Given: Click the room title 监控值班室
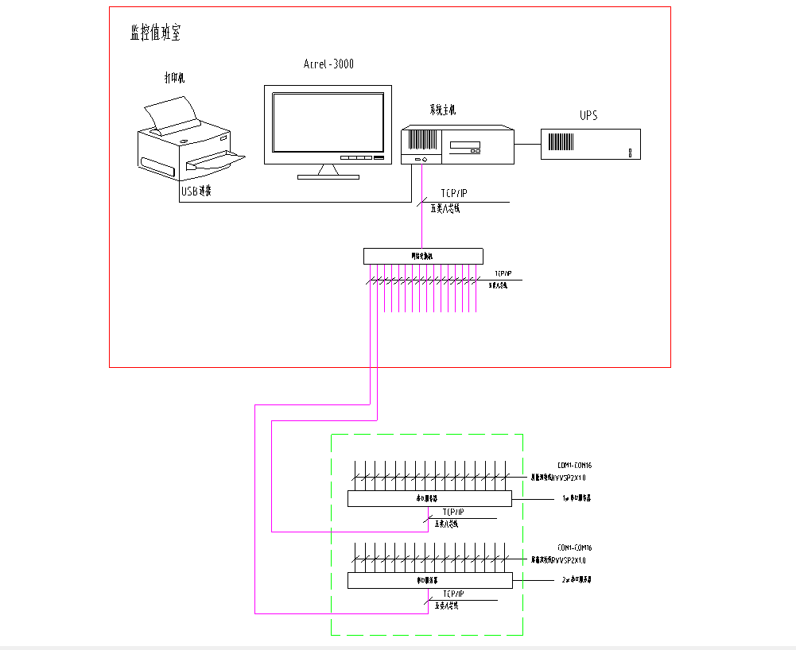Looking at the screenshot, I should pos(156,33).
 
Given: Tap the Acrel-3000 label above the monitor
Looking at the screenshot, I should pos(328,64).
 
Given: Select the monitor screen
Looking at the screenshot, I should pos(327,123).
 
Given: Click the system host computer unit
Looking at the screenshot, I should pos(456,145).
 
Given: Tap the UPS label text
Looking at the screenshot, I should pos(588,116).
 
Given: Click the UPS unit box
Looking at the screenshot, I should pos(591,144).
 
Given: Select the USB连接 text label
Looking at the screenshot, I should pos(196,192).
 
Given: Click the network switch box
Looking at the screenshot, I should pos(423,256).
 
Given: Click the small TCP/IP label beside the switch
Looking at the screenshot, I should pos(503,273).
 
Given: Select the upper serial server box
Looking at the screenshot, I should pos(429,498).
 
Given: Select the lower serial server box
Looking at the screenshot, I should pos(429,581).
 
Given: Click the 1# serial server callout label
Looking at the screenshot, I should pos(576,498).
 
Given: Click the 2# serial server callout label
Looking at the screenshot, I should pos(576,580).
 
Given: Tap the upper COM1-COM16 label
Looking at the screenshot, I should pos(574,465).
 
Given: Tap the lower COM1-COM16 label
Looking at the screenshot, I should pos(574,547).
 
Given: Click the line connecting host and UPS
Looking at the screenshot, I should pos(527,144).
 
